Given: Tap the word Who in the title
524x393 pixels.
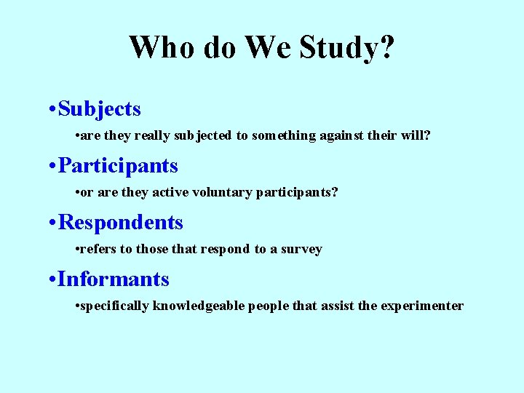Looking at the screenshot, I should click(162, 48).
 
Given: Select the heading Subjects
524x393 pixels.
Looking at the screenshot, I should click(100, 109).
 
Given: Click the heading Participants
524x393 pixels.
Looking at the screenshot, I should click(118, 166).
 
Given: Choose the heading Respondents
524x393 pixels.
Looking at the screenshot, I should click(120, 223).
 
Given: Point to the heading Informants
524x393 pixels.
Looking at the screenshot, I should click(114, 279).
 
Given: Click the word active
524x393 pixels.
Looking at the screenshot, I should click(162, 192).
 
